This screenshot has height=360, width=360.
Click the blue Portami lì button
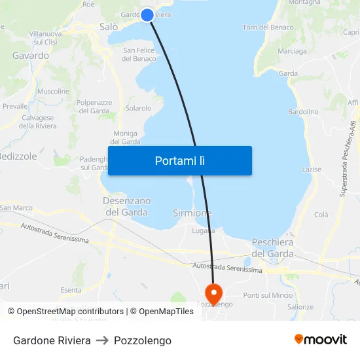180,160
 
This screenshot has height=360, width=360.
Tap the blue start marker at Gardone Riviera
147,14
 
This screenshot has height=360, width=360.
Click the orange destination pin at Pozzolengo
213,292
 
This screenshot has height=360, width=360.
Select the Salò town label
108,27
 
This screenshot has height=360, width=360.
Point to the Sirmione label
192,213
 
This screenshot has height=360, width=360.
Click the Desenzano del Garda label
126,206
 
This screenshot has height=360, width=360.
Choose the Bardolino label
303,112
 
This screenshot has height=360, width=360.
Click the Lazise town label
312,170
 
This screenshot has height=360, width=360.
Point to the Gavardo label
31,56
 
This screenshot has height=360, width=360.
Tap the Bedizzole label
18,156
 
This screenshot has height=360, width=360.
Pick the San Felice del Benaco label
139,54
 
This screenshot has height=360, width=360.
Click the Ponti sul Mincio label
268,295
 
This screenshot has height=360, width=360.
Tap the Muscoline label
53,91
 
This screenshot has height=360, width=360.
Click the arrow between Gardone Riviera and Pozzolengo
102,340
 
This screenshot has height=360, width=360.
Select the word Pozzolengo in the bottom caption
143,340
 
